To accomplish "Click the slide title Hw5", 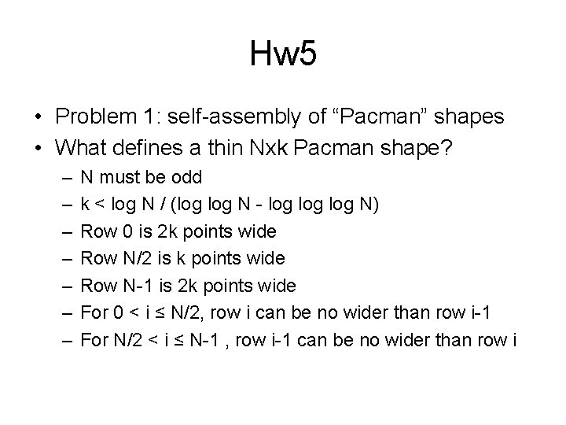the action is click(283, 54).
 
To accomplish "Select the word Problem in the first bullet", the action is click(96, 116).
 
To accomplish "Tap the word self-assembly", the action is click(234, 117).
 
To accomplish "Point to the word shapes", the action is click(469, 117).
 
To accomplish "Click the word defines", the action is click(147, 148).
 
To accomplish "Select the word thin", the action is click(226, 148).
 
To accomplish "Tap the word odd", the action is click(186, 177).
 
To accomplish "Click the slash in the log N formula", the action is click(163, 204).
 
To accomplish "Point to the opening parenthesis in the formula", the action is click(173, 205).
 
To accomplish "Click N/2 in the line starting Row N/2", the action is click(137, 258).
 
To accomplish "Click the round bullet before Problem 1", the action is click(39, 116).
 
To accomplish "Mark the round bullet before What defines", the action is click(39, 148).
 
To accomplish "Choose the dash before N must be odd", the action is click(67, 178).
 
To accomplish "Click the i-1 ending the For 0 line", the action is click(481, 312).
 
